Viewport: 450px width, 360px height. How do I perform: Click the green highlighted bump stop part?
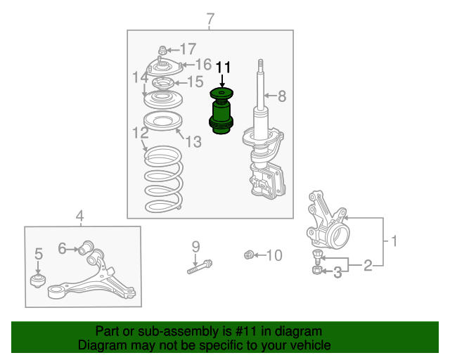point(221,111)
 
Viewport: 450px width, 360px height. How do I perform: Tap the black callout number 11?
point(223,67)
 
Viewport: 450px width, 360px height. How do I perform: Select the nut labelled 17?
point(162,50)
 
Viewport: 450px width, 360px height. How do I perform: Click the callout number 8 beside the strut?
point(282,96)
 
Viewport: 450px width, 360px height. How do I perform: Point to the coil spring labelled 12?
point(164,179)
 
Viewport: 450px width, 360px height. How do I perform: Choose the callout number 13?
point(193,141)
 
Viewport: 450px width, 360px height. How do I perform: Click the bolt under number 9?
point(200,266)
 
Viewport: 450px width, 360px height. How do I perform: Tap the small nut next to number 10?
point(248,255)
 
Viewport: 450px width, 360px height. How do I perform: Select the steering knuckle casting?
point(327,221)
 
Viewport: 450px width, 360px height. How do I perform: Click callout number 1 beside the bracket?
point(394,241)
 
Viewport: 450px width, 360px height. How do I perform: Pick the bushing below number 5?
point(37,281)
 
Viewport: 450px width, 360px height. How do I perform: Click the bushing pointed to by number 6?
point(86,247)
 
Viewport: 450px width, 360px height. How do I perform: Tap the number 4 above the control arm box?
point(79,216)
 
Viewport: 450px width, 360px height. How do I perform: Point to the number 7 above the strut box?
point(210,19)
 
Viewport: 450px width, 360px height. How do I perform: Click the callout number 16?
point(203,64)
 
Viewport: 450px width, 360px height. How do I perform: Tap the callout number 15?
point(195,82)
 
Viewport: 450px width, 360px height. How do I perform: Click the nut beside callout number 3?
point(317,270)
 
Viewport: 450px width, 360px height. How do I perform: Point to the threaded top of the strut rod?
point(261,66)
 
